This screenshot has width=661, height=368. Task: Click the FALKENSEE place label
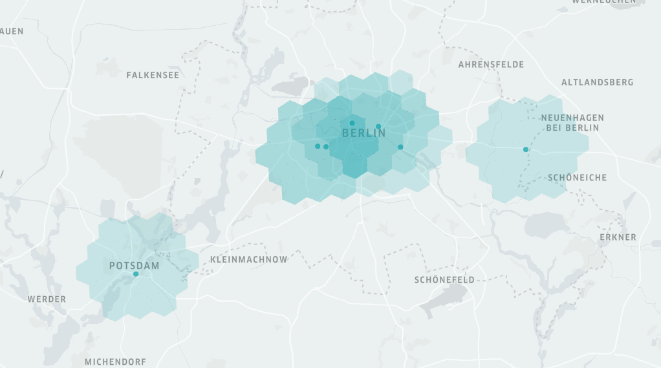click(153, 75)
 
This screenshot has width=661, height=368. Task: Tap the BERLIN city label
click(363, 133)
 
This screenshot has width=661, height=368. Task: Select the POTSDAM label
click(134, 265)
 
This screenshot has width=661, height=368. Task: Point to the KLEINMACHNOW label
click(249, 259)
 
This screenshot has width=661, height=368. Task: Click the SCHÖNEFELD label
click(444, 280)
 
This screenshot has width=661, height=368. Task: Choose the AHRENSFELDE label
click(491, 65)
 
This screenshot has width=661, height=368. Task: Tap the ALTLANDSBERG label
click(597, 82)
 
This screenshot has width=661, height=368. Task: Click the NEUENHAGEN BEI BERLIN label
click(572, 122)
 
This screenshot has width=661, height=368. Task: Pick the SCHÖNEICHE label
click(577, 177)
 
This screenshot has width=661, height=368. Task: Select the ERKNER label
click(618, 237)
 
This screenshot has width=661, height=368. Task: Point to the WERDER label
click(47, 299)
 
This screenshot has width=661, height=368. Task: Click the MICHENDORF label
click(115, 362)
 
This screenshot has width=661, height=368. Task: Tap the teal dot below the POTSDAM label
click(136, 274)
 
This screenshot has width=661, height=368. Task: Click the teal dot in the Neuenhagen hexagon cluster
click(526, 149)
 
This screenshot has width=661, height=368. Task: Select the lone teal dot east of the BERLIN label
click(400, 147)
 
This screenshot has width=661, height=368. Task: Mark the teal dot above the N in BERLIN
click(378, 127)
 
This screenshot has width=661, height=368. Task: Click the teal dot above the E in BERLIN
click(352, 123)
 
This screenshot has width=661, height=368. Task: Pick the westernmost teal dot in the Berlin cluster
click(317, 146)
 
